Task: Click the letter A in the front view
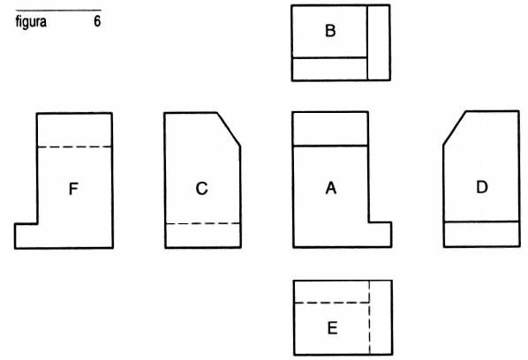click(331, 188)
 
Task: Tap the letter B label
click(330, 31)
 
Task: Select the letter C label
click(201, 189)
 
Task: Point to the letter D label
click(482, 187)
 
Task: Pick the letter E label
click(332, 328)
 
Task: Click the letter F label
click(73, 189)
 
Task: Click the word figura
click(31, 22)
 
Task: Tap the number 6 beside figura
click(97, 21)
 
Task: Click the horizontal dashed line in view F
click(74, 147)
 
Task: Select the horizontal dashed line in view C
click(203, 223)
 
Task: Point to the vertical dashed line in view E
click(369, 318)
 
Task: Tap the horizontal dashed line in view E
click(332, 303)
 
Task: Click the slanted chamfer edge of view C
click(229, 130)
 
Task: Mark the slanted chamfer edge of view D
click(455, 128)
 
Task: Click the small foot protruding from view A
click(381, 235)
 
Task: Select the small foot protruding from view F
click(26, 236)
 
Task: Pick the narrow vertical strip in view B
click(379, 42)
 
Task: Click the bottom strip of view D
click(481, 234)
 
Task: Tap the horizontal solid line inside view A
click(330, 146)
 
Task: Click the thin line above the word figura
click(58, 10)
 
